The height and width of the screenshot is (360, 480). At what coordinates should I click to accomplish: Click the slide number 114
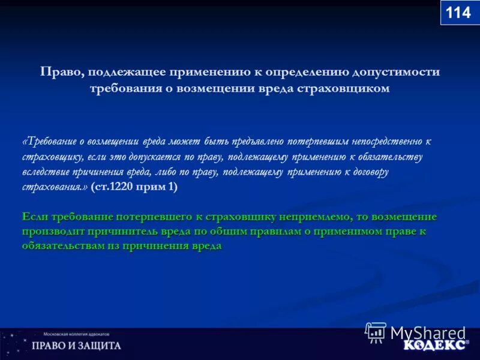point(459,12)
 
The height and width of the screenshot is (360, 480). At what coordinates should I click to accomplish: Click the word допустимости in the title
point(395,72)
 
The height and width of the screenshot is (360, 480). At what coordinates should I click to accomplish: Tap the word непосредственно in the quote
point(388,142)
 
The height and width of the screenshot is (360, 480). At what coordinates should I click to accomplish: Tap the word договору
point(368,172)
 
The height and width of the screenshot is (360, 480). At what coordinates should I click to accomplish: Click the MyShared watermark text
point(428,332)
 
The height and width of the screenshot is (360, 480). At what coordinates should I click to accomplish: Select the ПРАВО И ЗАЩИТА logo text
point(76,346)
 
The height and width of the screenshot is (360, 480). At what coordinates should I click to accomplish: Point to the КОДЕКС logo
point(434,346)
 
